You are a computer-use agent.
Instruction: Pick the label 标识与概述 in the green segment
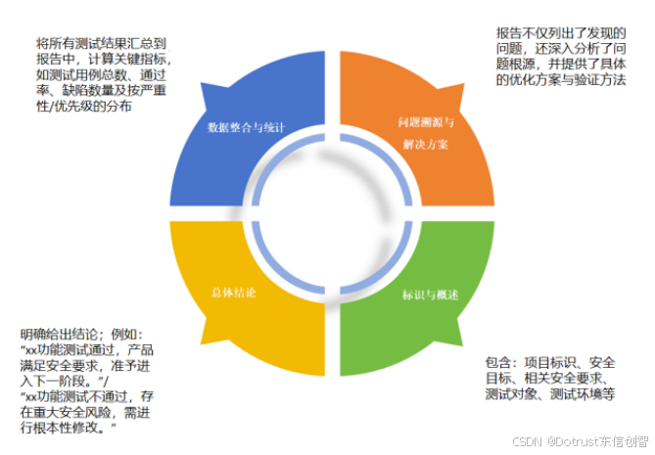point(431,295)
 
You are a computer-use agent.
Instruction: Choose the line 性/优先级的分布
point(84,107)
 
